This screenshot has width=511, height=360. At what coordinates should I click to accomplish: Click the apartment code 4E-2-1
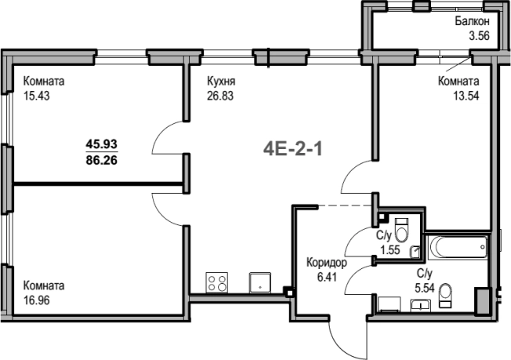(292, 150)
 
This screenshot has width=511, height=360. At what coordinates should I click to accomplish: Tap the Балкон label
(473, 21)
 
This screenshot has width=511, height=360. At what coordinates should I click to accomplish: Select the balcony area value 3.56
(479, 35)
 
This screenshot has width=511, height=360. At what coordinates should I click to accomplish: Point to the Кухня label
(221, 82)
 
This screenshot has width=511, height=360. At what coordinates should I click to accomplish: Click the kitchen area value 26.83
(220, 96)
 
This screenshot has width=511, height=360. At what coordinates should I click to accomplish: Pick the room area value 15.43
(37, 96)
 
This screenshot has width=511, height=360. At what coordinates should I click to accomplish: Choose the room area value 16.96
(37, 300)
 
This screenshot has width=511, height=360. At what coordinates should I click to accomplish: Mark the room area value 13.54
(466, 96)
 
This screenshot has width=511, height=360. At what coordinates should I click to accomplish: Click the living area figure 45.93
(102, 144)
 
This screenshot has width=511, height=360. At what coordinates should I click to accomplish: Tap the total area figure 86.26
(102, 160)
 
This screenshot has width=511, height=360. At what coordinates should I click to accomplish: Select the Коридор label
(327, 263)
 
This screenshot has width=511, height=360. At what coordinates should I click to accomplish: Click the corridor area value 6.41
(327, 278)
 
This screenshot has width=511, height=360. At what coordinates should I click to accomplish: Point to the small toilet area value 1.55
(390, 250)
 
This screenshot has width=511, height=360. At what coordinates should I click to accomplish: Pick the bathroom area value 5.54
(425, 289)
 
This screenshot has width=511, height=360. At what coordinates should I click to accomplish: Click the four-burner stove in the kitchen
(217, 282)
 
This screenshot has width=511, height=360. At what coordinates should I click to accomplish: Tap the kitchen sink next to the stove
(260, 282)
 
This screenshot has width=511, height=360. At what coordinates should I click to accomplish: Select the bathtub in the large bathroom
(458, 248)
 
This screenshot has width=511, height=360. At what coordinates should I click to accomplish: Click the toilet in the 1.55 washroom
(401, 231)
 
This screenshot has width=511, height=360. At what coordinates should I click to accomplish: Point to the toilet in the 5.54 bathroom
(445, 296)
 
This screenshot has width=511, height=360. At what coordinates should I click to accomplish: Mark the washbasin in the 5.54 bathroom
(420, 305)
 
